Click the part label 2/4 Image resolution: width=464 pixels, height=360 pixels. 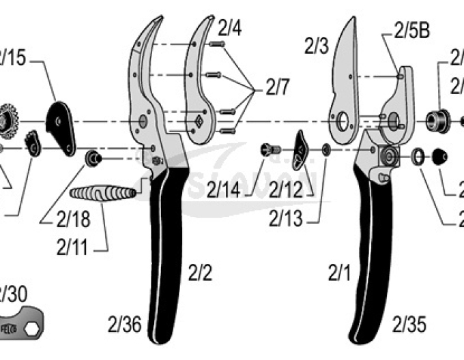[x=229, y=29]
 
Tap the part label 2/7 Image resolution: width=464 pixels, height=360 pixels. [x=278, y=87]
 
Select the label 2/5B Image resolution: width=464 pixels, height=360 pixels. [x=411, y=31]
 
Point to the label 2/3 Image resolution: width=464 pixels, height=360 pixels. [x=316, y=46]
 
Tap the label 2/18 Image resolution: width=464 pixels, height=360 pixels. [x=73, y=218]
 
